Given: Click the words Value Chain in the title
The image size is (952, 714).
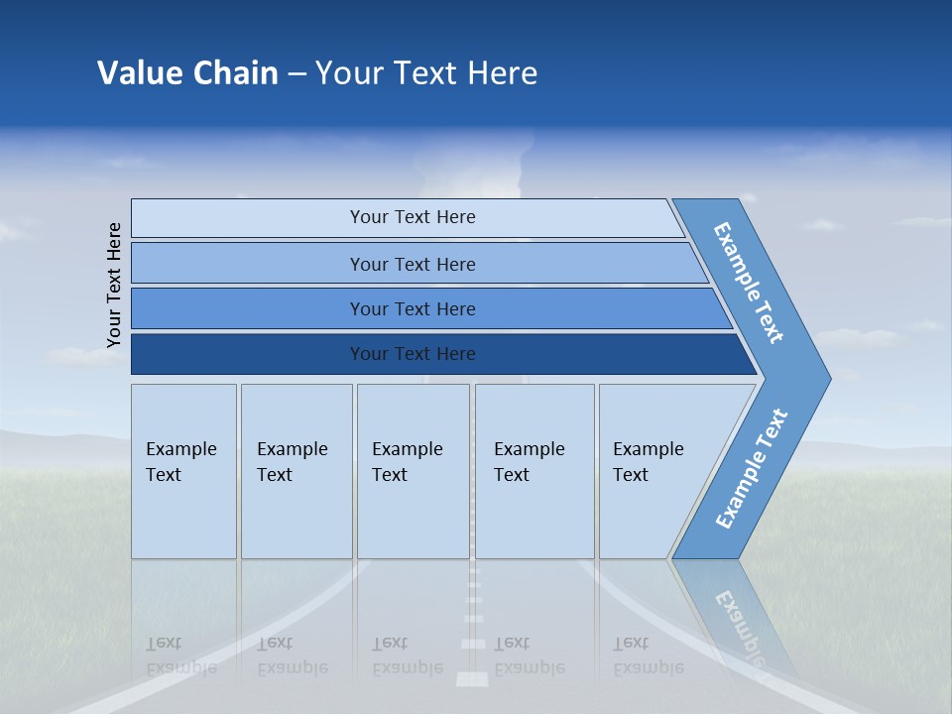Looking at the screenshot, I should [187, 73].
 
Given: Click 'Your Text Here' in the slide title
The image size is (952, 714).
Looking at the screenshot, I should [426, 73].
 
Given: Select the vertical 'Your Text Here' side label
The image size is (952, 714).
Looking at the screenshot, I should [114, 286].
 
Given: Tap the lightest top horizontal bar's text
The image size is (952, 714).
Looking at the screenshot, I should [413, 217].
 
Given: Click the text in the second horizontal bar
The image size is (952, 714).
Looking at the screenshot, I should [413, 264].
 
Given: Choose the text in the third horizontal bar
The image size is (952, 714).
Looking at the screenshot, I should [413, 308].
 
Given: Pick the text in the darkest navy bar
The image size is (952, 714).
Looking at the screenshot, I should [413, 354].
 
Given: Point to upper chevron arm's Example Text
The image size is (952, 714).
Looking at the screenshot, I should [749, 283].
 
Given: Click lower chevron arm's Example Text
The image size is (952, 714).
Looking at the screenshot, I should [751, 469].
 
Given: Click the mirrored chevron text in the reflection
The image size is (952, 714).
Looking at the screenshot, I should [739, 625].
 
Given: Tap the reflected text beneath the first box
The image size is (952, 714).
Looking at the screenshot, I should [180, 655].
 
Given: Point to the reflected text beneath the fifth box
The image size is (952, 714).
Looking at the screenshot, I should [648, 655].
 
